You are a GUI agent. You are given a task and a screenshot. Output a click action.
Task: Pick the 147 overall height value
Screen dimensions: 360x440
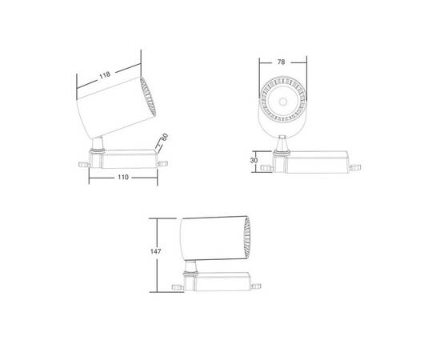(156, 252)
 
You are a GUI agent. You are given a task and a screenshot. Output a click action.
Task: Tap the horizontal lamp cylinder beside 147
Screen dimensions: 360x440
(210, 237)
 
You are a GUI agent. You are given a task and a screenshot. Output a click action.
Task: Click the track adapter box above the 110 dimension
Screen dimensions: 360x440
(128, 158)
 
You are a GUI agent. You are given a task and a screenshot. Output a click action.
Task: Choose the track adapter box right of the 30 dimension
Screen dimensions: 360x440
(316, 162)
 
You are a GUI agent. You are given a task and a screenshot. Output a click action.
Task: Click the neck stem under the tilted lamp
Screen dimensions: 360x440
(98, 146)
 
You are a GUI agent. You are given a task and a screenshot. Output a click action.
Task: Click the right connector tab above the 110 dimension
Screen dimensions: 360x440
(163, 162)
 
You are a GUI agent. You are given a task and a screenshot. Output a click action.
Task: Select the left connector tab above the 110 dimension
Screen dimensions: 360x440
(83, 164)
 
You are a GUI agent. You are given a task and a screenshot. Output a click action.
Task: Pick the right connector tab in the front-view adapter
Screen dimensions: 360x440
(355, 168)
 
